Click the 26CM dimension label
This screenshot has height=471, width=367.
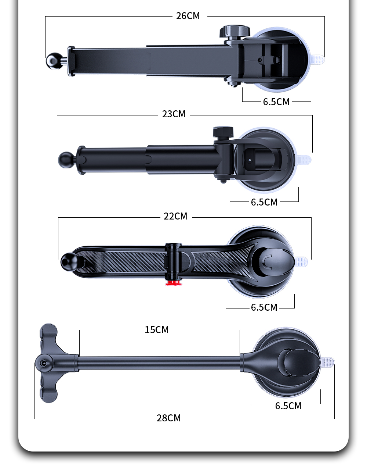coord(188,16)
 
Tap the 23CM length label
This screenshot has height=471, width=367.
coord(174,114)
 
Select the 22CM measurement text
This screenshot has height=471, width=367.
coord(175,216)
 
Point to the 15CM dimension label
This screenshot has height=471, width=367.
coord(156,330)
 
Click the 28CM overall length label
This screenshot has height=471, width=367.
coord(168,418)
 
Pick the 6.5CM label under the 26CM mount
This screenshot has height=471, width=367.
coord(276,102)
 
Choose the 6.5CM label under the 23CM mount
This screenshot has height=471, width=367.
coord(264,202)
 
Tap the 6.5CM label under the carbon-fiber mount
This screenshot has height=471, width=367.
coord(264,307)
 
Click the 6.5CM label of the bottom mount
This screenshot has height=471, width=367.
coord(288,406)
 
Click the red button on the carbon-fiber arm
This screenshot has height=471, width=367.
coord(173,282)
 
